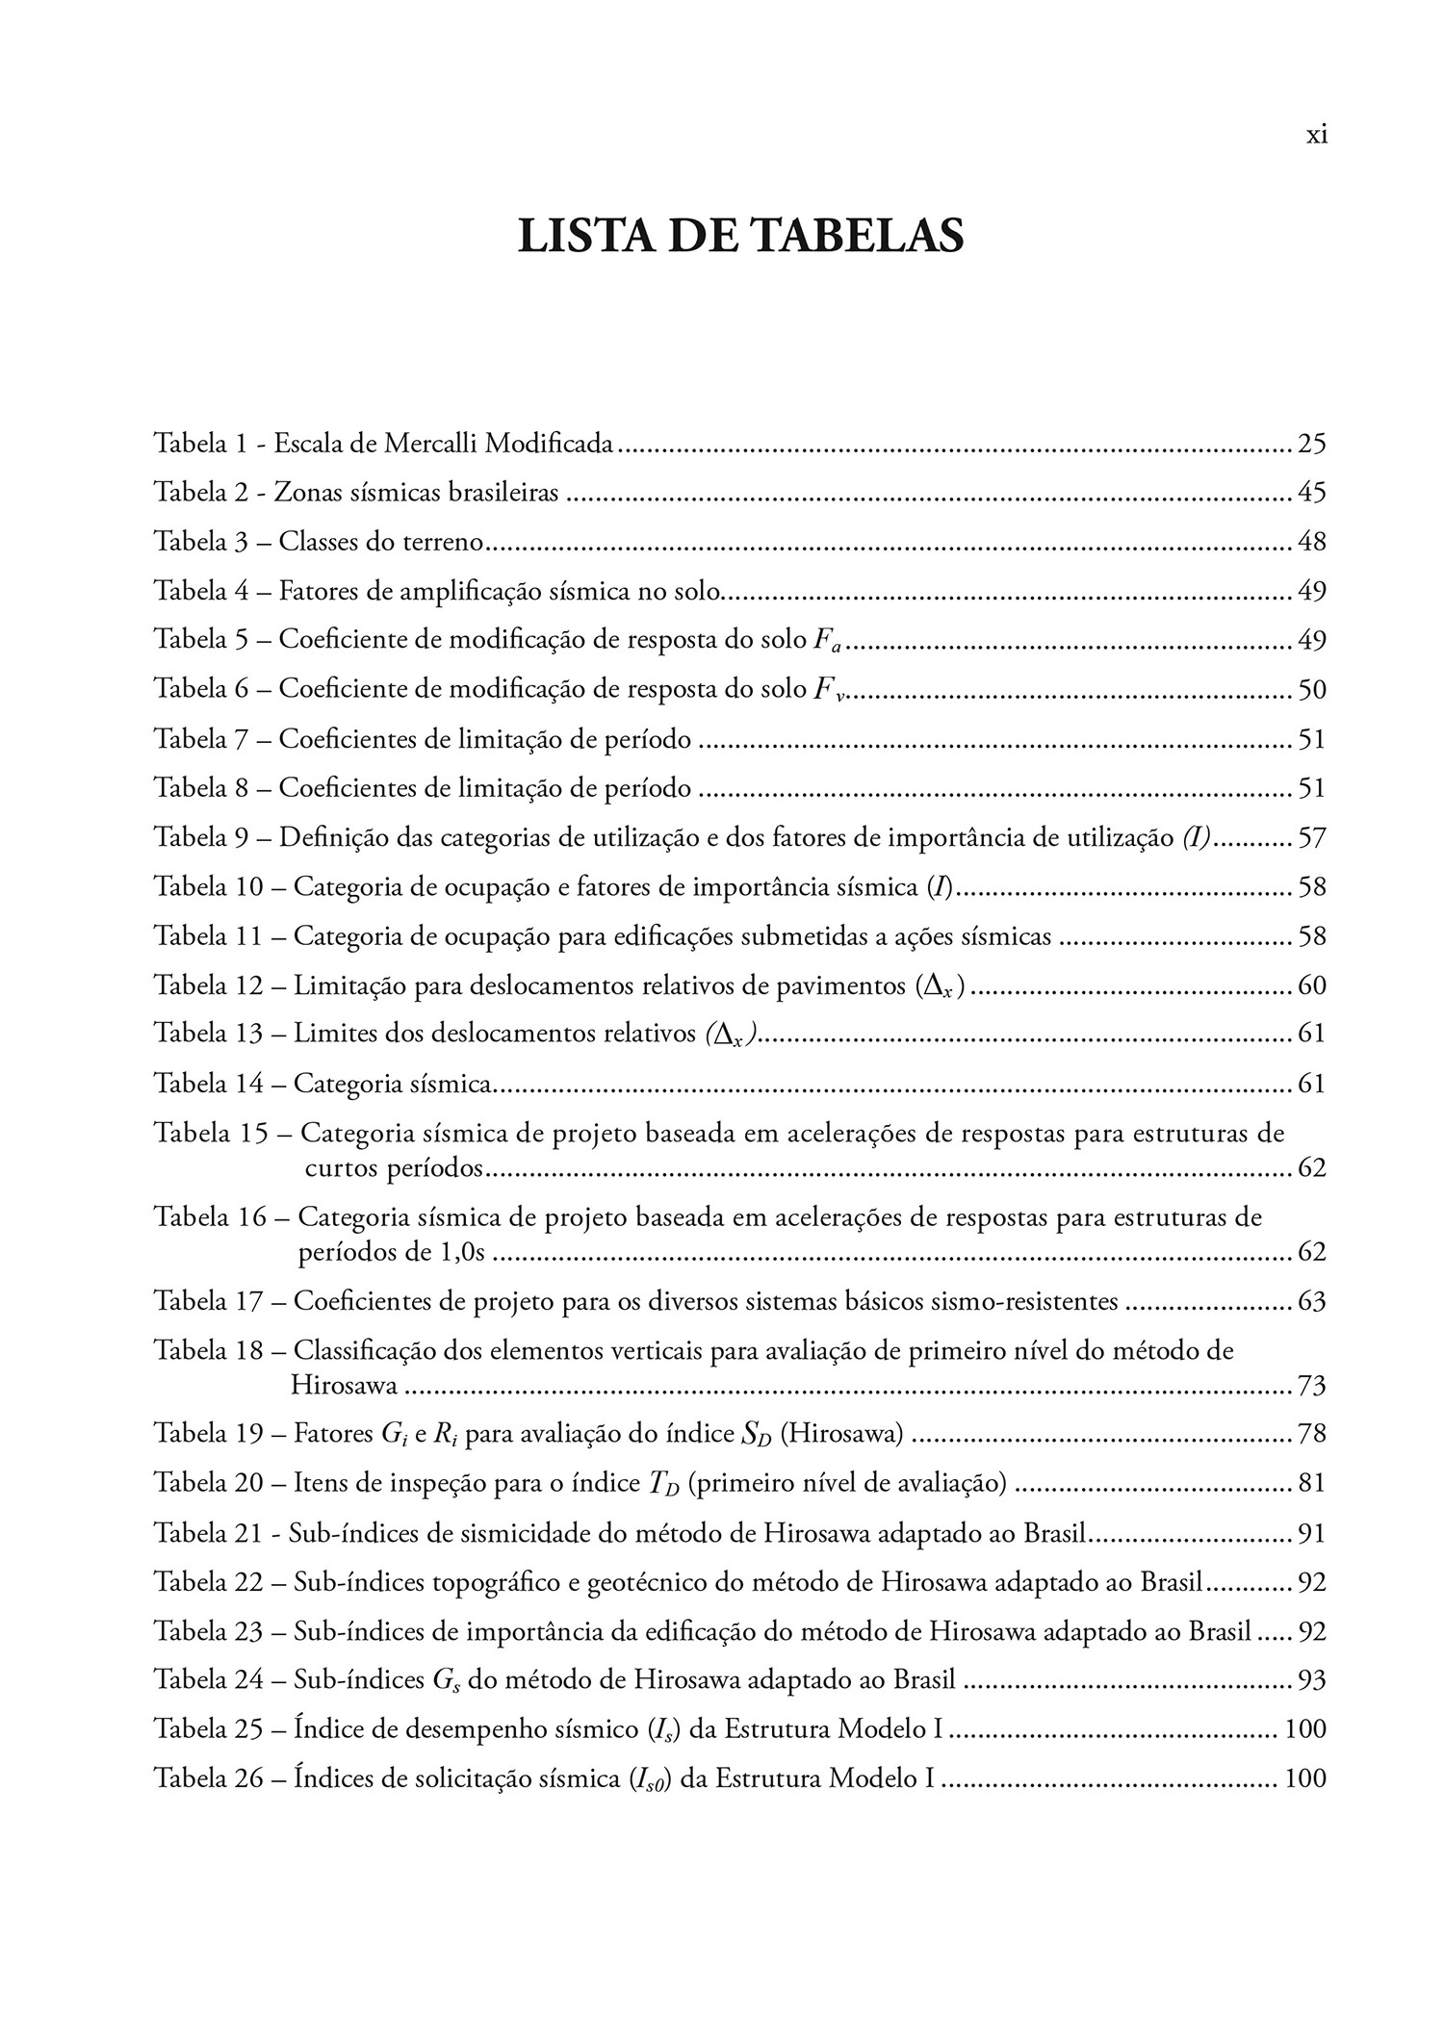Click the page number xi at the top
[1316, 135]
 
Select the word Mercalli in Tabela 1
[428, 444]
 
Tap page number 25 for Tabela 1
[1311, 444]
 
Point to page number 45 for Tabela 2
[1311, 493]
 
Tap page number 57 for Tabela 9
[1311, 837]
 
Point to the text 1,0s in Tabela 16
[461, 1252]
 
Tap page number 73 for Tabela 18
[1311, 1386]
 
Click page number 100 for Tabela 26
[1305, 1778]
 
